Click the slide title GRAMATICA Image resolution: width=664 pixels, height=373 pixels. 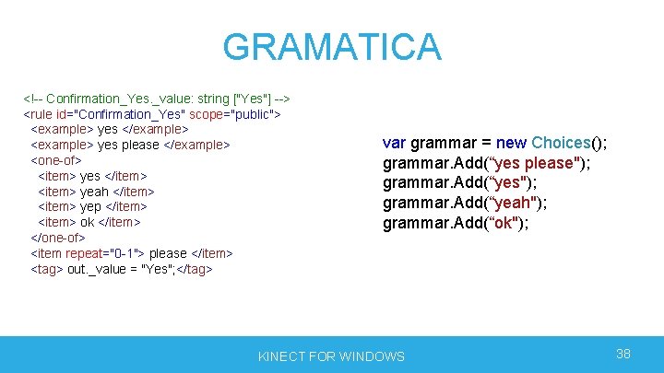pos(332,47)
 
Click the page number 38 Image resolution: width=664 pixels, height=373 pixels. pos(623,354)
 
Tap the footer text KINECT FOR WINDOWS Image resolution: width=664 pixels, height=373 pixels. pos(331,356)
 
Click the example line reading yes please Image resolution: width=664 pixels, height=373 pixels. pos(130,145)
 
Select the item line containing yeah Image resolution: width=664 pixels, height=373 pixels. pos(96,191)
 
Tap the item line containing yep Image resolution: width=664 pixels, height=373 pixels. pos(92,206)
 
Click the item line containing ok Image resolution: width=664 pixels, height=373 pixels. pos(89,222)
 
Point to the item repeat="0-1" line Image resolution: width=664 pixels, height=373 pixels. pos(132,253)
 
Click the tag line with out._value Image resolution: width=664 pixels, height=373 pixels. pos(122,269)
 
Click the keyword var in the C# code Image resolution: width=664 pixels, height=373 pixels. pos(394,143)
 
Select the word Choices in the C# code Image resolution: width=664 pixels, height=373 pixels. pos(561,143)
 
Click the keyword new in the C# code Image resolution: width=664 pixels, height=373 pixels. pos(511,143)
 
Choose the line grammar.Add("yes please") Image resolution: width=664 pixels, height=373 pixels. pos(486,163)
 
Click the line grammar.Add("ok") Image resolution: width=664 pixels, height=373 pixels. pos(456,223)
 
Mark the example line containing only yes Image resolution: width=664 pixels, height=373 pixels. pos(110,129)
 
